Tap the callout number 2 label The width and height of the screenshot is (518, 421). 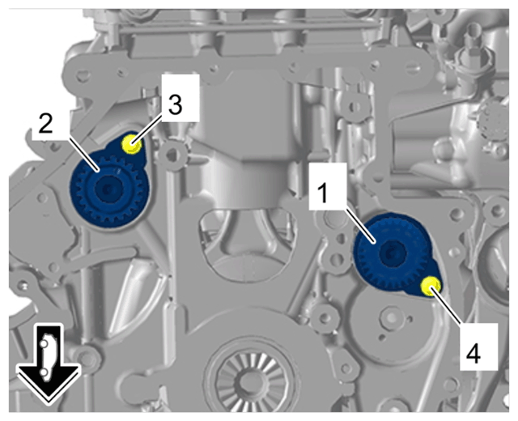pyautogui.click(x=45, y=124)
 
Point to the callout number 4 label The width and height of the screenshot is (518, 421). pyautogui.click(x=473, y=354)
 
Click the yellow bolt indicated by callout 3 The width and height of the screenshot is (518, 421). pyautogui.click(x=131, y=144)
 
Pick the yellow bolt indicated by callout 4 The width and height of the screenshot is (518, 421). pyautogui.click(x=431, y=286)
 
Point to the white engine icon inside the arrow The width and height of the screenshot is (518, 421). pyautogui.click(x=45, y=358)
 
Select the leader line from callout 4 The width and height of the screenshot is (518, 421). pyautogui.click(x=447, y=306)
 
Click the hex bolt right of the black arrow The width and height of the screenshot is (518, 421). pyautogui.click(x=87, y=359)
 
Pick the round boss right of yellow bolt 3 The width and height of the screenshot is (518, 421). pyautogui.click(x=172, y=154)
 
